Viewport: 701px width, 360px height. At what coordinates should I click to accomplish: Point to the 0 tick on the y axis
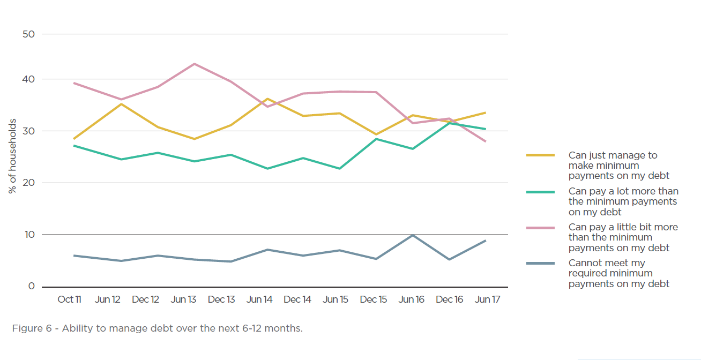point(31,286)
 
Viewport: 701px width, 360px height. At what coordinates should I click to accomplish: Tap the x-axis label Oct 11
point(69,299)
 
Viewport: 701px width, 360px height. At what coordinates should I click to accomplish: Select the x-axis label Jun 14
point(259,299)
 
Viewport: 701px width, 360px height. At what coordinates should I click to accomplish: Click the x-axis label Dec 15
point(374,299)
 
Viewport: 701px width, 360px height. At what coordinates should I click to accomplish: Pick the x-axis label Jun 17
point(487,299)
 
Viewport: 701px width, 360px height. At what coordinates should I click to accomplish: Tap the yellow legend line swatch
point(540,155)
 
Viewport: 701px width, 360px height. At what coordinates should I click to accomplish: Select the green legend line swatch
point(540,191)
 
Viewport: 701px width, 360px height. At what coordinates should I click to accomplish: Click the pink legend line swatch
point(540,228)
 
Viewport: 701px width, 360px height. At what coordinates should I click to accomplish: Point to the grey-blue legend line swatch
point(540,264)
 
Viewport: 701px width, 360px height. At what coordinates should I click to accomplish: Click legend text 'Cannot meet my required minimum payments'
point(618,273)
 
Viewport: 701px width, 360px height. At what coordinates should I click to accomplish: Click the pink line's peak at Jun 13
point(193,64)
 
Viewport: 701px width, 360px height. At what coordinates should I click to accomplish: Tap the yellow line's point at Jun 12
point(121,104)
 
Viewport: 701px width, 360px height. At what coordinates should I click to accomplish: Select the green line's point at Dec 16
point(449,123)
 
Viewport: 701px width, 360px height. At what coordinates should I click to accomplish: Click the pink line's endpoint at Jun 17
point(486,141)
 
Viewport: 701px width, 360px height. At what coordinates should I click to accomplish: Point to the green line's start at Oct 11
point(74,146)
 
